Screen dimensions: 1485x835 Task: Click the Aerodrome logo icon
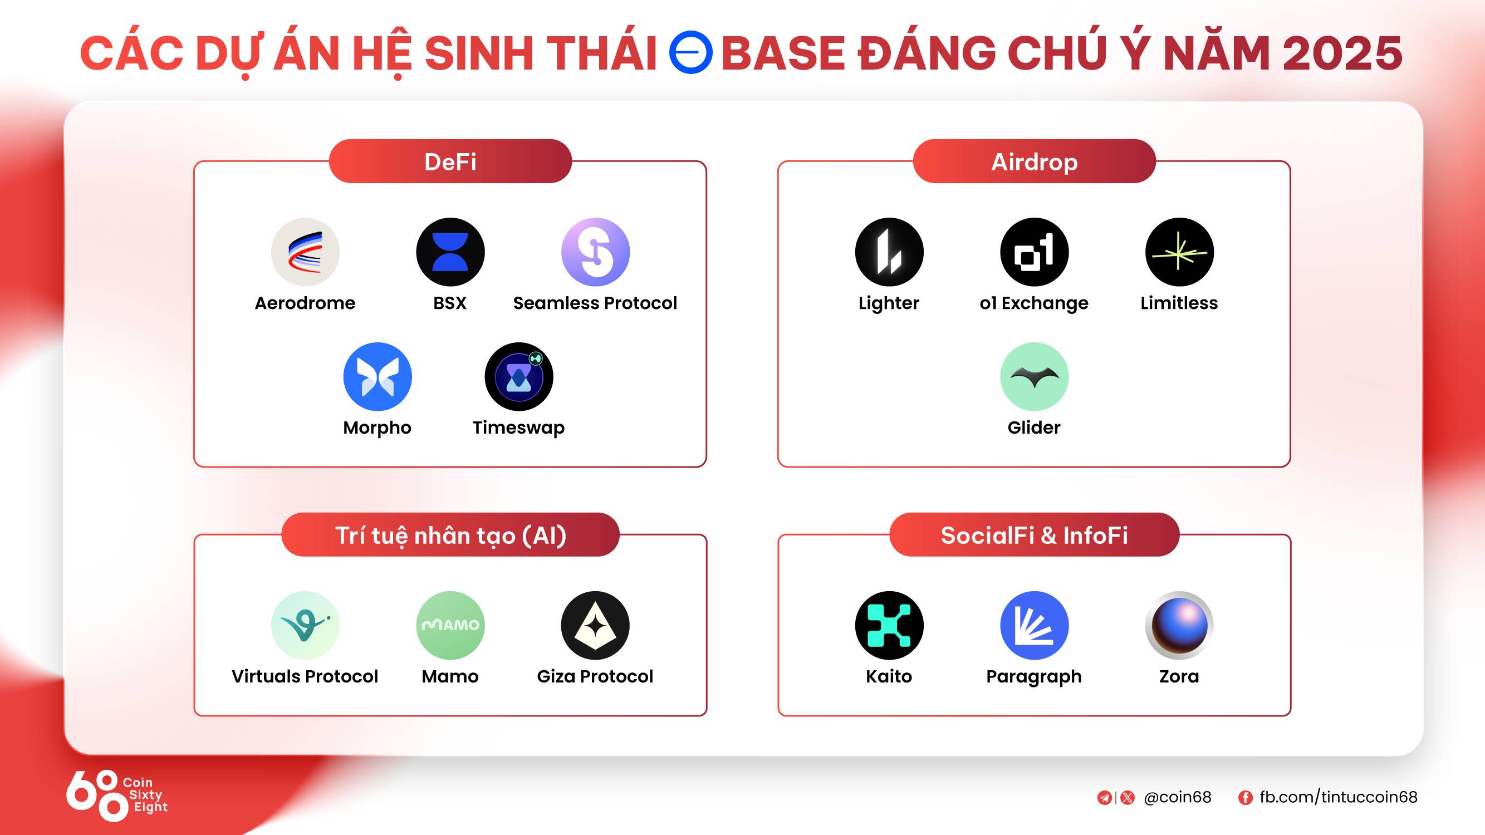(x=305, y=252)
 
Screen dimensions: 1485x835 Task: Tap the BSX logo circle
(x=450, y=252)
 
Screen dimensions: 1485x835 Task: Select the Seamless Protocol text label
(x=595, y=303)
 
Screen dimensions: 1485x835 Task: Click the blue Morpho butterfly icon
(x=378, y=377)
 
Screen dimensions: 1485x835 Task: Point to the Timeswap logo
(x=519, y=377)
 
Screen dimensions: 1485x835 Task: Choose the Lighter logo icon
(x=889, y=252)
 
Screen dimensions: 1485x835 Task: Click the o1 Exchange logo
(x=1034, y=252)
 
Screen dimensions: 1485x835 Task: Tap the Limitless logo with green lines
(x=1179, y=252)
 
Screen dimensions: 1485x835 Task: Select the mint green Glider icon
(x=1034, y=377)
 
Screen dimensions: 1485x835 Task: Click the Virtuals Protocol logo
(x=305, y=625)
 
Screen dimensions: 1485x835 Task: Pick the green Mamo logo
(x=450, y=625)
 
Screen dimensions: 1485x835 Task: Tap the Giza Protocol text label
(x=595, y=676)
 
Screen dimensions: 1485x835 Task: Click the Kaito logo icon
(x=889, y=625)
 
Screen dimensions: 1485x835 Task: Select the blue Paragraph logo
(x=1034, y=625)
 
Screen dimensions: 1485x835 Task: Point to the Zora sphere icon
(x=1179, y=625)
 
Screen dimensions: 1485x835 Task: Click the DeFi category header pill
(x=450, y=161)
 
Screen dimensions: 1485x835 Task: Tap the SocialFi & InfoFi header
(x=1034, y=535)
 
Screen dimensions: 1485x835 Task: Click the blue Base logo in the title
(x=690, y=52)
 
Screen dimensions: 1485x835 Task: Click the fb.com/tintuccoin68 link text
(x=1338, y=797)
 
